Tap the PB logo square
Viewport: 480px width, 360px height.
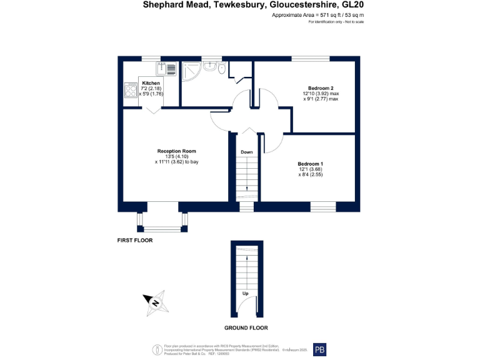click(x=319, y=349)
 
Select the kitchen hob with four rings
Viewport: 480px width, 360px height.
click(x=131, y=91)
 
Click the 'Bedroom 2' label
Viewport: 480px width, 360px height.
click(x=321, y=87)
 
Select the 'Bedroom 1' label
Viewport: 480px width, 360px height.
click(x=310, y=164)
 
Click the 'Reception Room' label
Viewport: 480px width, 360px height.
click(x=177, y=151)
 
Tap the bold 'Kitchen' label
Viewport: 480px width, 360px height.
click(x=151, y=83)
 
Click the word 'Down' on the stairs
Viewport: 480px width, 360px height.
click(x=247, y=152)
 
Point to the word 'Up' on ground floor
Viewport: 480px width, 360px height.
click(x=247, y=294)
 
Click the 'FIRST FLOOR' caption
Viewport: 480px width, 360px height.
click(x=135, y=240)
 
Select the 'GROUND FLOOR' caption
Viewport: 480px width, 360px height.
click(x=246, y=327)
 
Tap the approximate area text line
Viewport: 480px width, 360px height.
click(x=318, y=15)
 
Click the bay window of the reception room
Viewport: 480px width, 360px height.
click(x=162, y=220)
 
